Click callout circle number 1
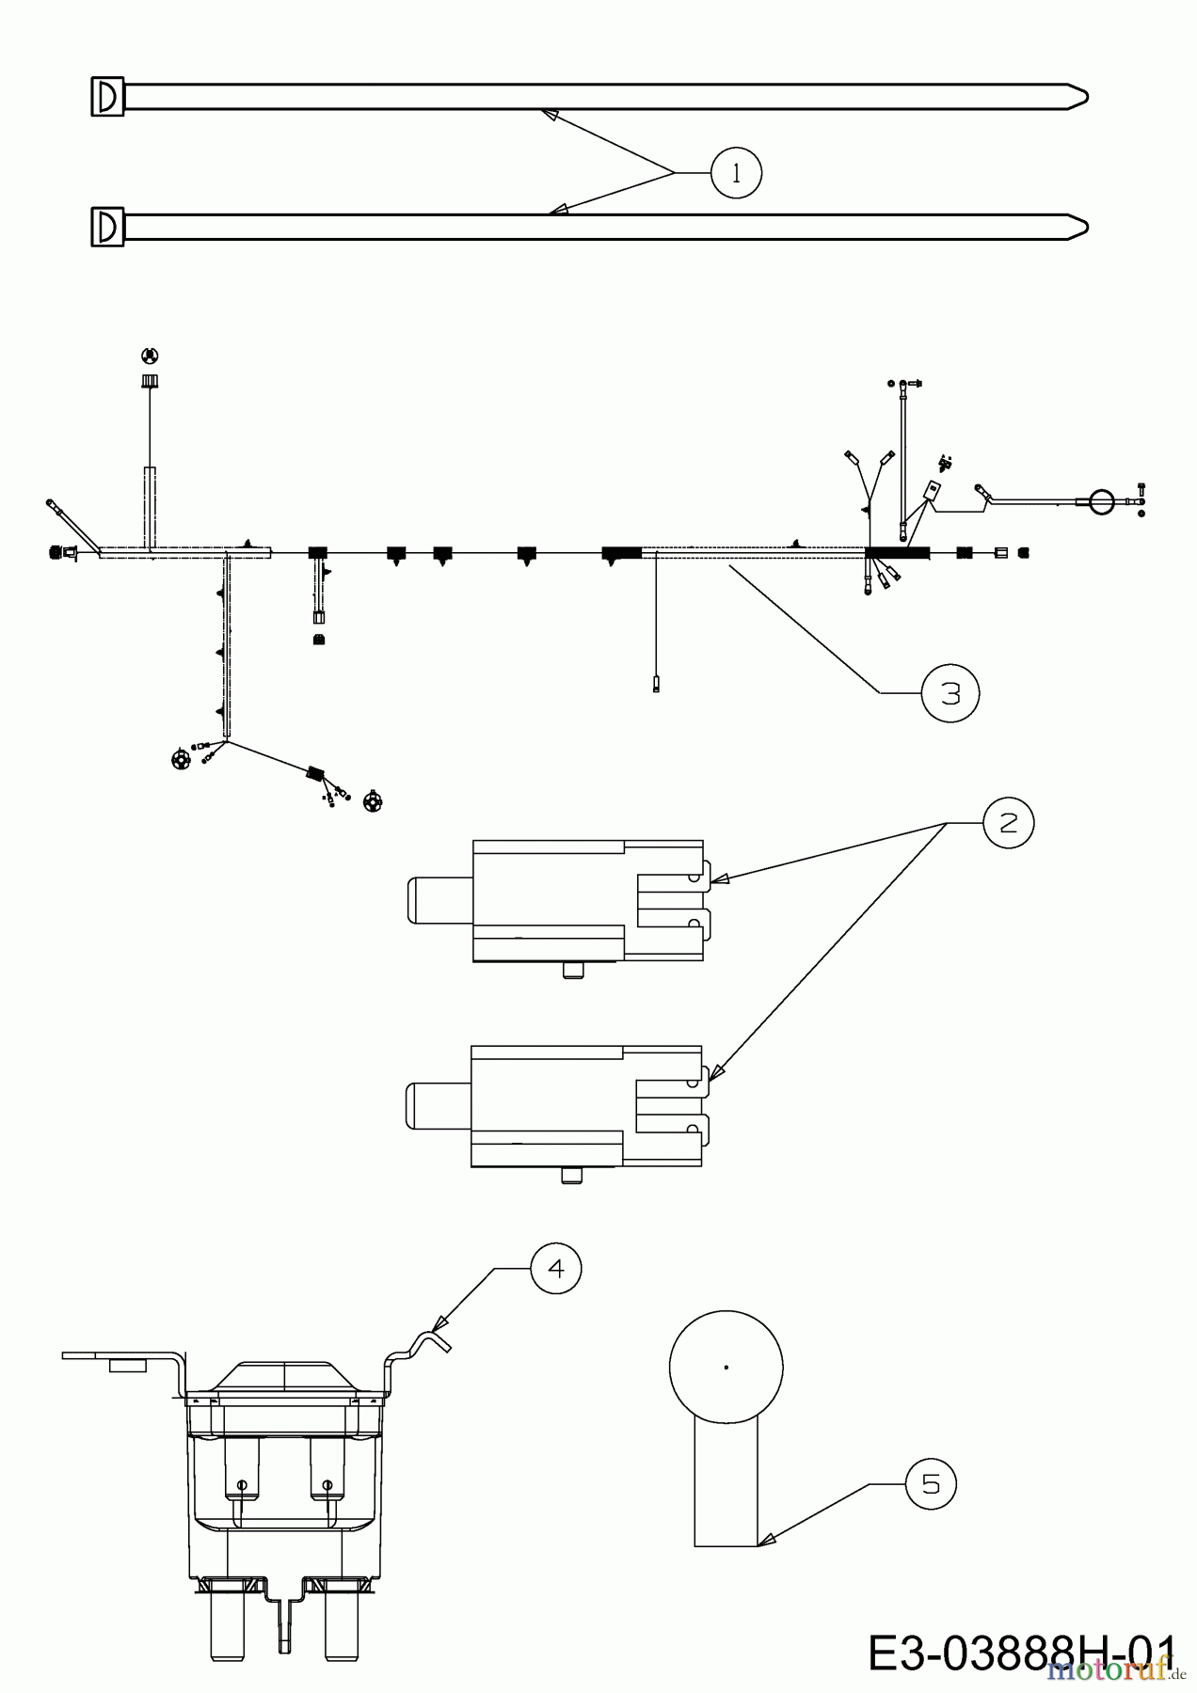(736, 173)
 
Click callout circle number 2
(1008, 823)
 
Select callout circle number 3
(950, 693)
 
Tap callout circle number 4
(556, 1269)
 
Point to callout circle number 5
(930, 1484)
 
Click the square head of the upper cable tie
(107, 96)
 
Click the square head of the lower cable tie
(107, 227)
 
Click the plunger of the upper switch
(439, 900)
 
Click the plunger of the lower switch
(438, 1105)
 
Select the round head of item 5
(726, 1367)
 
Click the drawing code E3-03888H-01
(1021, 1653)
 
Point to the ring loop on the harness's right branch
(1101, 502)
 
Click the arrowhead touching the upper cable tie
(548, 114)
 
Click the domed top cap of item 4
(285, 1374)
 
